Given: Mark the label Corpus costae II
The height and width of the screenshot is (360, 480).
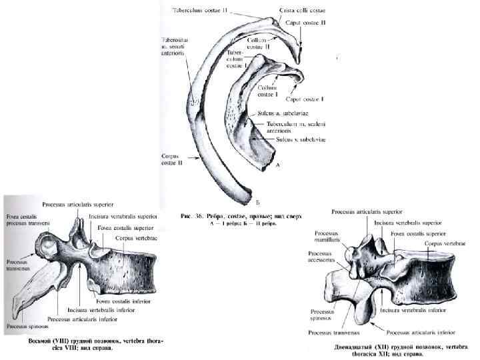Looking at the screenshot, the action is pos(174,161).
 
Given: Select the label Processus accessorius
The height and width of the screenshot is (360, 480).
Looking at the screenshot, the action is pos(322,258).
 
